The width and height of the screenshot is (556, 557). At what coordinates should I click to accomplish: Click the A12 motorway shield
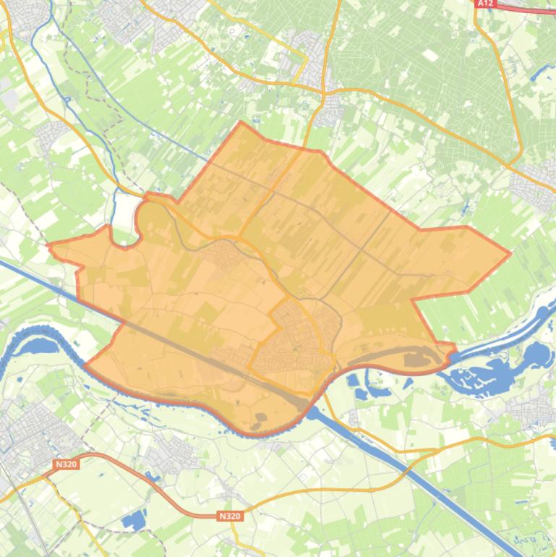(x=485, y=4)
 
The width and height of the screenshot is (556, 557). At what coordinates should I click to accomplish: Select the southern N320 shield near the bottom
(x=229, y=516)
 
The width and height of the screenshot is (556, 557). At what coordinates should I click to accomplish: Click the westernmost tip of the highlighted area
(x=49, y=247)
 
